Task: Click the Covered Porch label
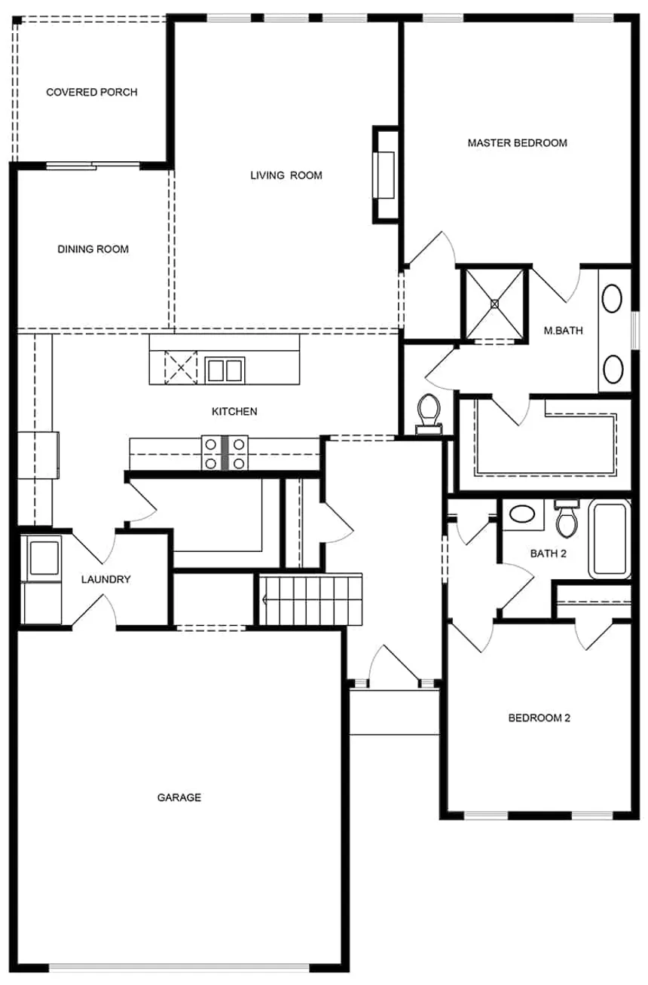coord(91,93)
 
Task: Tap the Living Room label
coord(286,175)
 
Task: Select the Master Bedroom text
coord(517,143)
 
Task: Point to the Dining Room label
coord(93,249)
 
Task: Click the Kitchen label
coord(234,411)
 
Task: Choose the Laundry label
coord(105,579)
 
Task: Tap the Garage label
coord(179,797)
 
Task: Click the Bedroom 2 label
coord(539,718)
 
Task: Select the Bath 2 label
coord(548,553)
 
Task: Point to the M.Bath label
coord(563,330)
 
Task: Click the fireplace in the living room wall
coord(385,175)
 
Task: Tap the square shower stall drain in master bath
coord(495,303)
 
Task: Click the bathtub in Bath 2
coord(610,539)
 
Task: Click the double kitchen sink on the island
coord(225,371)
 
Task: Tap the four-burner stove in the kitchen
coord(225,453)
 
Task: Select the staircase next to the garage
coord(311,599)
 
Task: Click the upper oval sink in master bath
coord(613,299)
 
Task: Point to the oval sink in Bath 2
coord(521,515)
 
